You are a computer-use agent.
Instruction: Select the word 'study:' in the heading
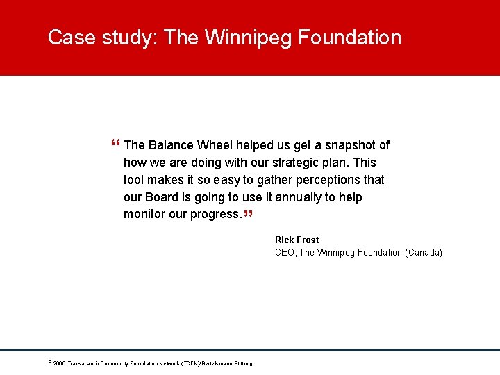129,37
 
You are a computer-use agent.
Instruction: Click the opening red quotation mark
115,144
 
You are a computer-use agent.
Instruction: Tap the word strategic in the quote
302,162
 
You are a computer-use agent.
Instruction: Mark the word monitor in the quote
144,214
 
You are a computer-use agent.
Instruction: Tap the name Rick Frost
297,240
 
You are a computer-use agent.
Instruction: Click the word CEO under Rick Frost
285,252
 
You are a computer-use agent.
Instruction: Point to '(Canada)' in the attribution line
423,252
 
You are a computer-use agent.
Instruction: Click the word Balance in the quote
170,145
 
